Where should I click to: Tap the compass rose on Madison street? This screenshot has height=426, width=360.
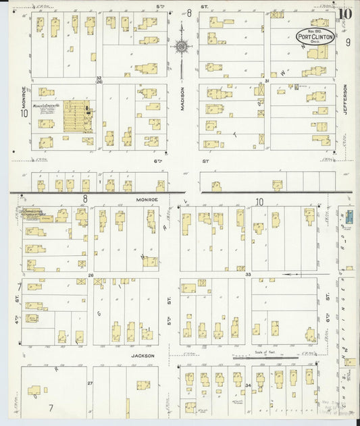182,47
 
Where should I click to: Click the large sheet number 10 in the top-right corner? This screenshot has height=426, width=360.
345,13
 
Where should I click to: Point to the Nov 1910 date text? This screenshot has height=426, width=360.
315,30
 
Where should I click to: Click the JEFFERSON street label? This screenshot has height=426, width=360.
344,100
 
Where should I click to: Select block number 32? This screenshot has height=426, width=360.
98,78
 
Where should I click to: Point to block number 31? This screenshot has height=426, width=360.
267,80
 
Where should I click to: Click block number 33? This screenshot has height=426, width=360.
248,275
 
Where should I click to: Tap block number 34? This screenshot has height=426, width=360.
249,385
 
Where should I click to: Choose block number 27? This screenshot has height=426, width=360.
90,383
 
